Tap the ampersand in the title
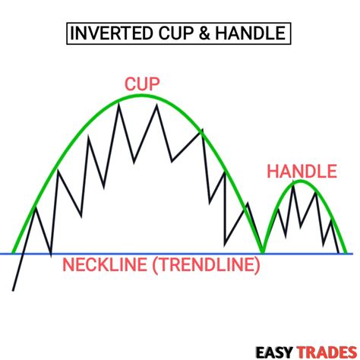204,33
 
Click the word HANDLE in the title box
251,33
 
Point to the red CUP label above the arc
142,84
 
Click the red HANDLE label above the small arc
302,172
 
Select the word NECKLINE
105,264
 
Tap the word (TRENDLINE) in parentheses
206,265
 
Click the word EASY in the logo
274,352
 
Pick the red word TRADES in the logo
327,352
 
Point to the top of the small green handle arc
301,181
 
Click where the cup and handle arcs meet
263,252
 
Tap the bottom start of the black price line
13,291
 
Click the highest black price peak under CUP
119,104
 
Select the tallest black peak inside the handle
293,182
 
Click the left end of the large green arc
14,253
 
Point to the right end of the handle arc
346,253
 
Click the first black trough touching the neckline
51,255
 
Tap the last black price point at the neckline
338,252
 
